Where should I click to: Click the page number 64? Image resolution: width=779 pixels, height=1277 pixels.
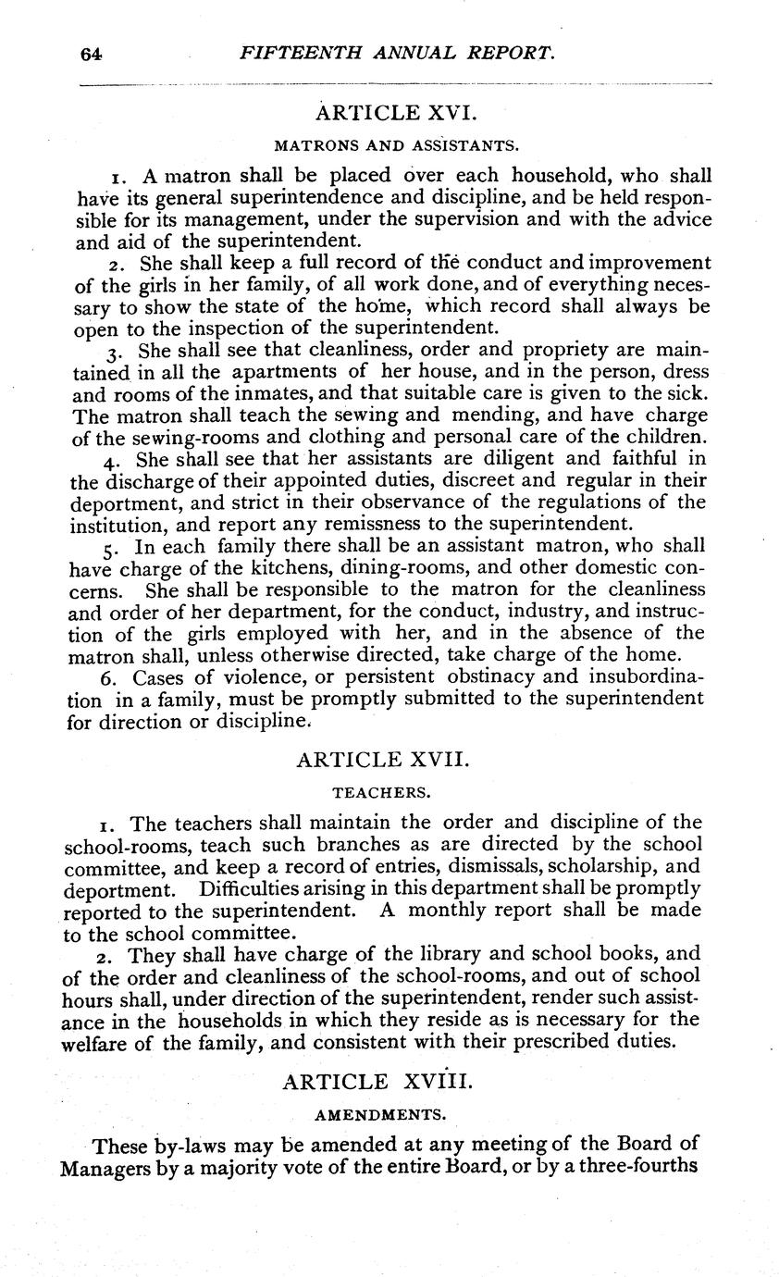click(91, 55)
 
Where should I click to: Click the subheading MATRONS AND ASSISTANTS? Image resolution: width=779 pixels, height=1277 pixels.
click(395, 145)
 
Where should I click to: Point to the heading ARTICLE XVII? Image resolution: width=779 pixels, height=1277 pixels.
click(383, 761)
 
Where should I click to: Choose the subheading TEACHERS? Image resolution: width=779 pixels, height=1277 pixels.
click(381, 792)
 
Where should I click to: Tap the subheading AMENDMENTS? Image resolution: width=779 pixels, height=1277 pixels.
click(381, 1112)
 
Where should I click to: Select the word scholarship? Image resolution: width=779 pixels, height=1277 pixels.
click(591, 867)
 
